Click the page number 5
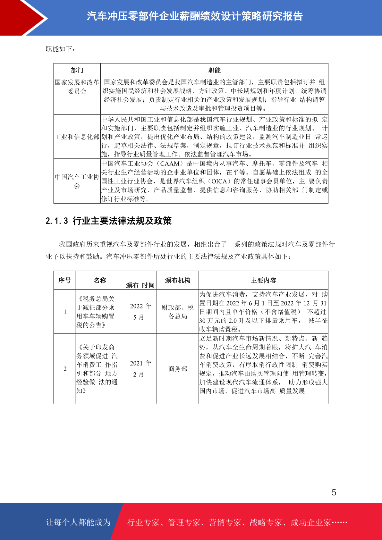(x=334, y=492)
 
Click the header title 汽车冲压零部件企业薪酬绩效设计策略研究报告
(x=195, y=16)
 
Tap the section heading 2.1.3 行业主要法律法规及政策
(x=109, y=221)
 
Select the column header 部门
(x=77, y=70)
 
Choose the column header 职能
(x=214, y=70)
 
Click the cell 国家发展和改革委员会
(x=77, y=87)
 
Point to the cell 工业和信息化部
(x=77, y=137)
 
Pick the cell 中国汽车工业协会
(x=77, y=181)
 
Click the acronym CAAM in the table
(x=170, y=164)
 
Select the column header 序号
(x=64, y=280)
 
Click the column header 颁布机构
(x=177, y=280)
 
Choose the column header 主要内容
(x=263, y=280)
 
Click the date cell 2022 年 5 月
(x=140, y=312)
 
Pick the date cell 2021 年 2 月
(x=140, y=369)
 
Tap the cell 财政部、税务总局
(x=178, y=312)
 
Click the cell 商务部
(x=178, y=369)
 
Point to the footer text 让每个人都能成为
(x=78, y=522)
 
